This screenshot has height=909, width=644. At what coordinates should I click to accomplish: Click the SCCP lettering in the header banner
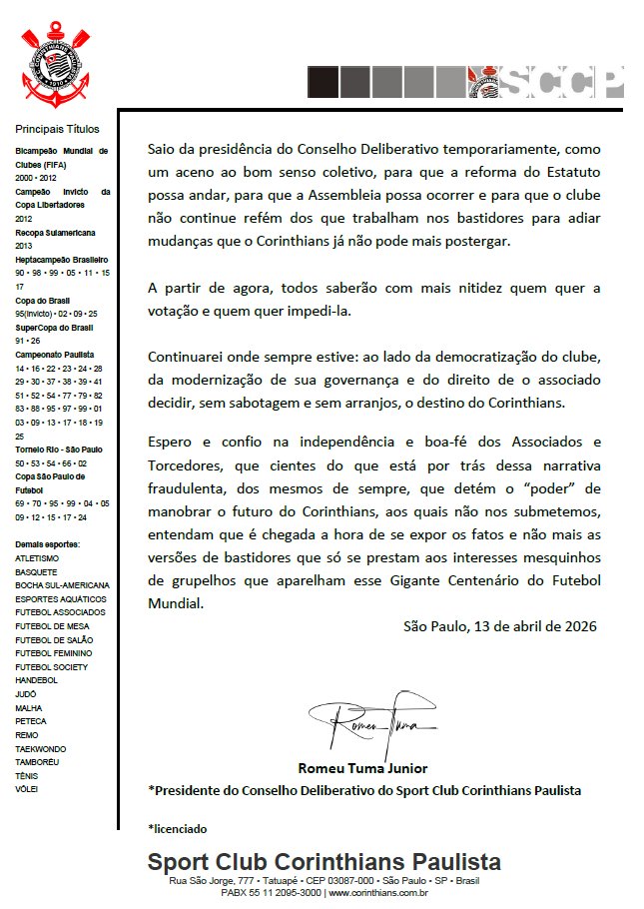[565, 82]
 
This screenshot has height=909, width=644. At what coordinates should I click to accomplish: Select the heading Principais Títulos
[57, 129]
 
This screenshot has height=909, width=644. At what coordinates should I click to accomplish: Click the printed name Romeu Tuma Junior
[362, 768]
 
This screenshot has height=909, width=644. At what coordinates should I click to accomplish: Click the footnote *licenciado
[177, 829]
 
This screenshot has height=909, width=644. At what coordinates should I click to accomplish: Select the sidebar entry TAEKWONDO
[41, 748]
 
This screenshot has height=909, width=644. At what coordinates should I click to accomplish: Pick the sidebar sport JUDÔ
[26, 693]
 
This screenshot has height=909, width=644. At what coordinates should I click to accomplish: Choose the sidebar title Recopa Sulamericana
[55, 232]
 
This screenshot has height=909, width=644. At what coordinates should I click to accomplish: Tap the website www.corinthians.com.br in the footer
[376, 892]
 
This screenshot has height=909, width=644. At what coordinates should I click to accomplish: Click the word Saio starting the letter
[165, 148]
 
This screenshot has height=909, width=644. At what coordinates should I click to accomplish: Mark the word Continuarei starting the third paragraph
[188, 358]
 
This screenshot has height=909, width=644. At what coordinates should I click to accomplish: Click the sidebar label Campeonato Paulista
[54, 355]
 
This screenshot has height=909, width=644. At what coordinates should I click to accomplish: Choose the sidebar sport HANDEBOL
[36, 680]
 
